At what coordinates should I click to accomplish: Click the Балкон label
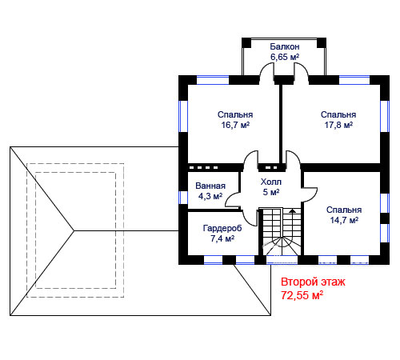point(285,46)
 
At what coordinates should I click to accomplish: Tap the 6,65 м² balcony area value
point(285,57)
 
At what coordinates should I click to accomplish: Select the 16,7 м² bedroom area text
point(235,125)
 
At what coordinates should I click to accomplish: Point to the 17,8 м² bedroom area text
point(338,125)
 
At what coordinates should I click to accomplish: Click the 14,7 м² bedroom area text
point(344,220)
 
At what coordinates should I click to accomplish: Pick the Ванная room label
point(210,186)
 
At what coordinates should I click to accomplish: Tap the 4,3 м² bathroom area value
point(210,196)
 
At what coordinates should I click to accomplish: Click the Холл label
point(271,182)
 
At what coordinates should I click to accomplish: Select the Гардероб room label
point(222,228)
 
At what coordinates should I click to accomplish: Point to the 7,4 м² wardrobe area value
point(222,238)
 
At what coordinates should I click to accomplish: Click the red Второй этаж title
point(313,282)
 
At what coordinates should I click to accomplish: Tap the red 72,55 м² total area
point(302,295)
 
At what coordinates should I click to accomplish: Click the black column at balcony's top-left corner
point(246,42)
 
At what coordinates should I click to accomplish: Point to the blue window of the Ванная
point(183,198)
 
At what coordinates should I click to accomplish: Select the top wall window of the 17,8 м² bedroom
point(354,80)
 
